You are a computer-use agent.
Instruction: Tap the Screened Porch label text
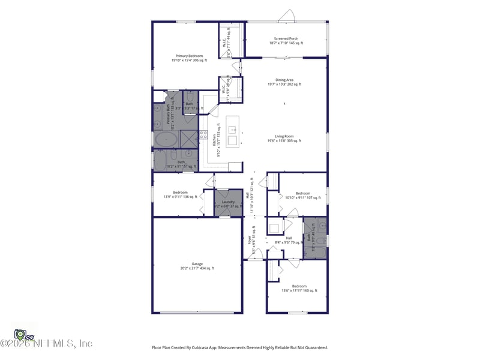pyautogui.click(x=286, y=38)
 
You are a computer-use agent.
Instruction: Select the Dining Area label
pyautogui.click(x=284, y=80)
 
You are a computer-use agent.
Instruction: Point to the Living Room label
pyautogui.click(x=284, y=136)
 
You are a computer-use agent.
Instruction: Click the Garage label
pyautogui.click(x=197, y=263)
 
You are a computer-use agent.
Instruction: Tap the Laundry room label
pyautogui.click(x=228, y=202)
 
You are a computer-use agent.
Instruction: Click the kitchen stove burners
pyautogui.click(x=204, y=135)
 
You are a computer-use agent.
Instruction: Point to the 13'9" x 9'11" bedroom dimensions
pyautogui.click(x=181, y=197)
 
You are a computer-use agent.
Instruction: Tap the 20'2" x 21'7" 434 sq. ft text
pyautogui.click(x=197, y=268)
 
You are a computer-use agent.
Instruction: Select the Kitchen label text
pyautogui.click(x=215, y=140)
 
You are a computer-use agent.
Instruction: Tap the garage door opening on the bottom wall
pyautogui.click(x=197, y=313)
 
